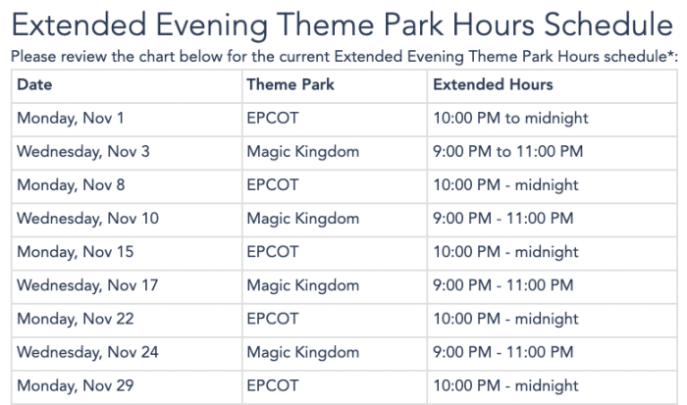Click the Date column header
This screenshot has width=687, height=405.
pyautogui.click(x=34, y=84)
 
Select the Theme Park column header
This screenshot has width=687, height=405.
pyautogui.click(x=291, y=84)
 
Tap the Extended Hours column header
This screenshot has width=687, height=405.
pyautogui.click(x=493, y=84)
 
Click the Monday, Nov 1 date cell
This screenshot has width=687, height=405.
pyautogui.click(x=70, y=119)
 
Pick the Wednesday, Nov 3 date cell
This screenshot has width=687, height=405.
pyautogui.click(x=83, y=152)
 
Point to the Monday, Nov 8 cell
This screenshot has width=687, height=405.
pyautogui.click(x=71, y=185)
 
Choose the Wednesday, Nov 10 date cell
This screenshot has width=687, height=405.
pyautogui.click(x=87, y=219)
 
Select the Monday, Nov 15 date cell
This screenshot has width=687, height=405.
pyautogui.click(x=75, y=252)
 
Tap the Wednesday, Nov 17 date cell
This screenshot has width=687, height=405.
pyautogui.click(x=87, y=285)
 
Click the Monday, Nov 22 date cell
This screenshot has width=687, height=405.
pyautogui.click(x=76, y=319)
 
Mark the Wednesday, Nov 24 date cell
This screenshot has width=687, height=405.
pyautogui.click(x=87, y=352)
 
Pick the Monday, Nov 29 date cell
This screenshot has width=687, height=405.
pyautogui.click(x=76, y=385)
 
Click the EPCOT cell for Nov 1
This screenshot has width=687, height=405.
pyautogui.click(x=273, y=119)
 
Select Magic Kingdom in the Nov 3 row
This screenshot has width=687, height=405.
pyautogui.click(x=302, y=152)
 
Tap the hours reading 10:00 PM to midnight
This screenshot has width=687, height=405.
pyautogui.click(x=510, y=119)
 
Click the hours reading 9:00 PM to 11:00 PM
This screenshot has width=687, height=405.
pyautogui.click(x=507, y=152)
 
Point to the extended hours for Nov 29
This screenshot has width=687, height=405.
pyautogui.click(x=505, y=385)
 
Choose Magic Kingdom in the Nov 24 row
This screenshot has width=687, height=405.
pyautogui.click(x=302, y=353)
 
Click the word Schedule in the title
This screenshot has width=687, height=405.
pyautogui.click(x=608, y=25)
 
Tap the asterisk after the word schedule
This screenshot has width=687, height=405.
pyautogui.click(x=669, y=53)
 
